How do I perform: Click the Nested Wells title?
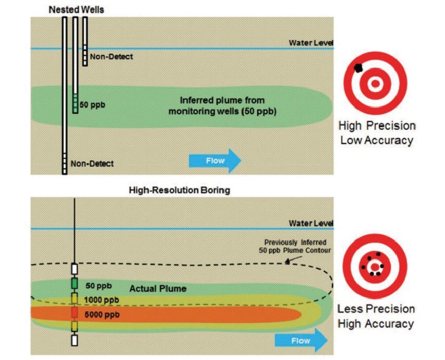76,10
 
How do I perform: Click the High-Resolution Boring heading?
179,191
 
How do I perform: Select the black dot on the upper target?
358,67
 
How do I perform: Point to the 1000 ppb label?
101,299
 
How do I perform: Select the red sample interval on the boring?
75,313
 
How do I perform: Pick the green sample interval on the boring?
75,283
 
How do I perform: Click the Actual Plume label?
158,288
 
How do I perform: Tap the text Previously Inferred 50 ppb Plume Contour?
295,246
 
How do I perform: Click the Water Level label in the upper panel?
311,43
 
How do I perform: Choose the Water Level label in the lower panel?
311,223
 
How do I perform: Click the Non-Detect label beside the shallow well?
111,56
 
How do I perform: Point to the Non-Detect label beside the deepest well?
91,163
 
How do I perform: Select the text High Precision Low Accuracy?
376,133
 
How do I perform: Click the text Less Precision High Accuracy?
376,316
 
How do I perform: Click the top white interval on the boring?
75,269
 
